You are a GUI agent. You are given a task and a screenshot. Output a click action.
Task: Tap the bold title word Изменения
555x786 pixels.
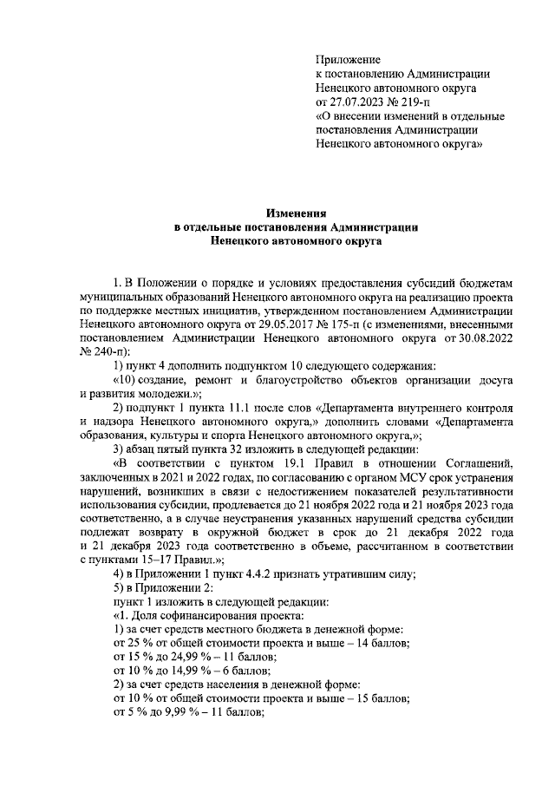(x=296, y=213)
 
